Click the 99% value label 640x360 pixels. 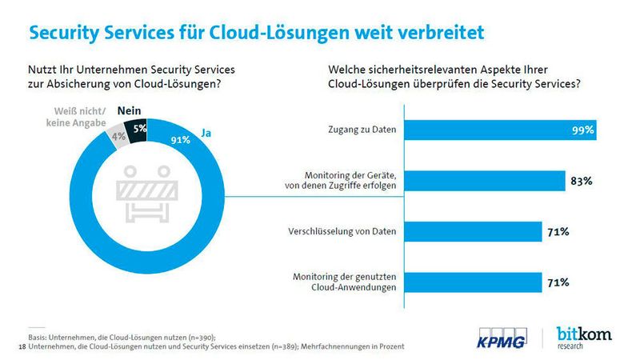point(582,130)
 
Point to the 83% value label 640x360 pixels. point(582,181)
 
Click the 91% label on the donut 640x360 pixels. point(181,140)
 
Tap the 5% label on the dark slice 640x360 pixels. point(140,128)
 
